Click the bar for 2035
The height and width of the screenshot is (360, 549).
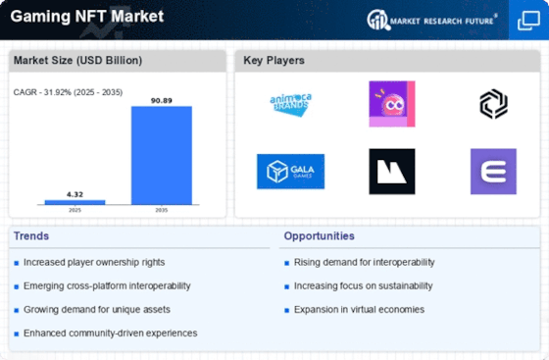(162, 155)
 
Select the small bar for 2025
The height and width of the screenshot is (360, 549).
(75, 202)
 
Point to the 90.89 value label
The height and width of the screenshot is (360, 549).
(162, 100)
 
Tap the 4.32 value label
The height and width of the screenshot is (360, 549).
(75, 194)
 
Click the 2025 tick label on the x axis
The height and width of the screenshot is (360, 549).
(75, 210)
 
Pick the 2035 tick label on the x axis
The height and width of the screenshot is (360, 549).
(162, 210)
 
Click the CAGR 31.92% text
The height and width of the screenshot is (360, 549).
(68, 92)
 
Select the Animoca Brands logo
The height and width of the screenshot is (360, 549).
(290, 104)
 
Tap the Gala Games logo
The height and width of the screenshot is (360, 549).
(290, 172)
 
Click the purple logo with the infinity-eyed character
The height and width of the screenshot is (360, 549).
(392, 104)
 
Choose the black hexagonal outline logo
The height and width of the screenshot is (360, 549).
(493, 104)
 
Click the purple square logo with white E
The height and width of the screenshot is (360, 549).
(493, 172)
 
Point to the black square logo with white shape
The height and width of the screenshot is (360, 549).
(392, 172)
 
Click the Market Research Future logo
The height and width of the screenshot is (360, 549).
(431, 20)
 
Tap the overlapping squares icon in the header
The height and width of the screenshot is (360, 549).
(528, 21)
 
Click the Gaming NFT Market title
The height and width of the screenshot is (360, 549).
(87, 16)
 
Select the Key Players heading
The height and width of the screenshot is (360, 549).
(274, 60)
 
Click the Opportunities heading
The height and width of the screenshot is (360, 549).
(319, 236)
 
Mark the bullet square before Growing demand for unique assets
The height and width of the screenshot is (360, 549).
(16, 310)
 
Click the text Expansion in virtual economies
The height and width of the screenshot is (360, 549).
(359, 310)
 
